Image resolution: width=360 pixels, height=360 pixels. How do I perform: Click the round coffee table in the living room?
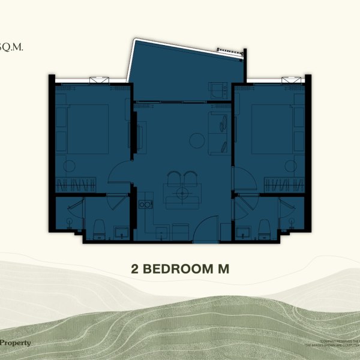tap(196, 140)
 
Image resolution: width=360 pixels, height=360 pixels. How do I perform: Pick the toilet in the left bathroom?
tap(100, 226)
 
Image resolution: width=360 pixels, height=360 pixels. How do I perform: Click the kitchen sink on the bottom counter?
tap(161, 232)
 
